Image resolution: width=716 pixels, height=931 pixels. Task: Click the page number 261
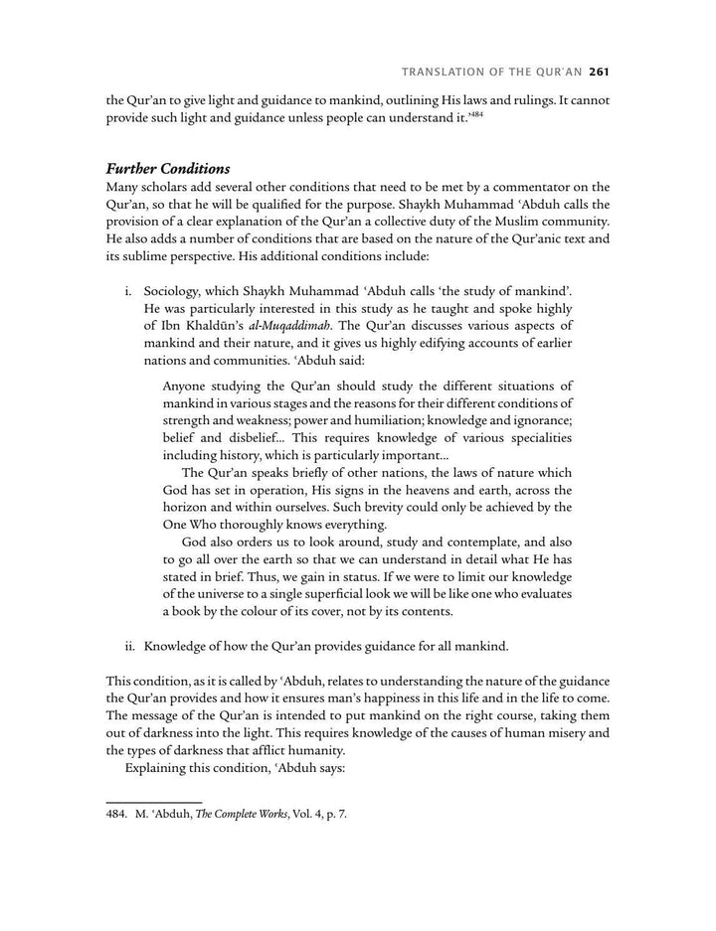pos(598,72)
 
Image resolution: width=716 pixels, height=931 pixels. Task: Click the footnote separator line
pos(153,799)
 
